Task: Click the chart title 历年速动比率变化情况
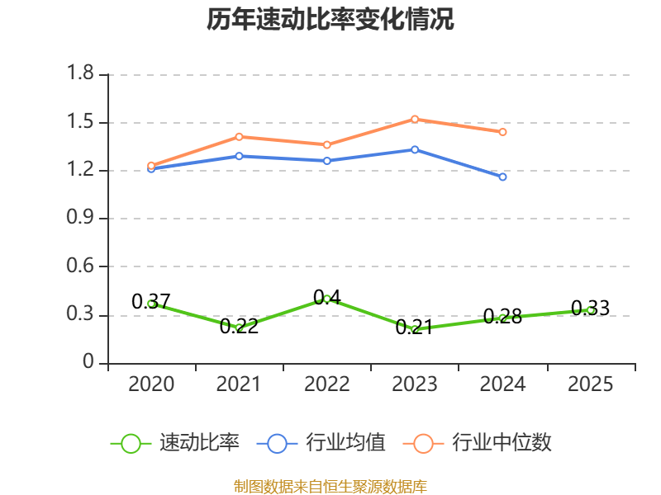(330, 20)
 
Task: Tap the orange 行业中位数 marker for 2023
(415, 120)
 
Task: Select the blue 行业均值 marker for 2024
(502, 177)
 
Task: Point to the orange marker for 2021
(239, 137)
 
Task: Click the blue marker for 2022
(326, 161)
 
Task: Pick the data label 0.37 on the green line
(151, 301)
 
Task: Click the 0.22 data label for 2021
(239, 326)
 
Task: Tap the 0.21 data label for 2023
(415, 327)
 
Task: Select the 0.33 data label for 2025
(590, 308)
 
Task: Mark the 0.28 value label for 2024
(502, 317)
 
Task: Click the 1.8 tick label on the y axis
(80, 73)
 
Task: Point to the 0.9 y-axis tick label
(80, 217)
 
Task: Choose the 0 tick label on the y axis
(88, 361)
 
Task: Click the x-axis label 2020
(151, 384)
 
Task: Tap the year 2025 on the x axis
(590, 384)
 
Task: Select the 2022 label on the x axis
(326, 384)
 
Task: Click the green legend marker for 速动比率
(131, 444)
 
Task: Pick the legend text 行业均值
(345, 443)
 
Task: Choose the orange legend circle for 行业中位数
(423, 444)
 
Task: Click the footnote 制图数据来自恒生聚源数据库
(330, 487)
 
